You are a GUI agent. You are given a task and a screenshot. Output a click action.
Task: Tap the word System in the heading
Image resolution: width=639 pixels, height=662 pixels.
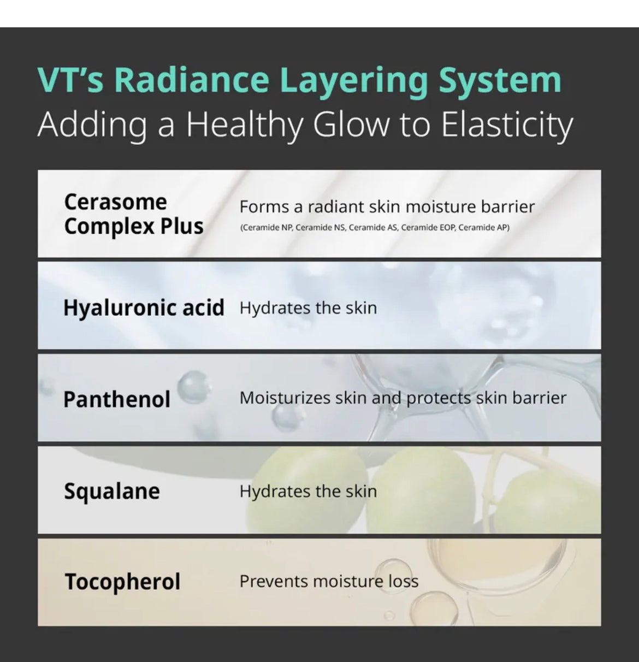coord(500,81)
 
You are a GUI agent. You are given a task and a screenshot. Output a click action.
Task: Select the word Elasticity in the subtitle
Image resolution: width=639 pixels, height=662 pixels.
coord(507,126)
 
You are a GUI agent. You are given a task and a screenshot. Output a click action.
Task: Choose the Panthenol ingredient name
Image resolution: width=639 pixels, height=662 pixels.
coord(117,399)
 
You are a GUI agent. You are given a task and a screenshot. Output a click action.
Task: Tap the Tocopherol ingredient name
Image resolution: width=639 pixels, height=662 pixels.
coord(122,582)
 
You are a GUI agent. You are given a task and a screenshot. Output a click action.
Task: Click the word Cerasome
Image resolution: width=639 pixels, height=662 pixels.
coord(116,202)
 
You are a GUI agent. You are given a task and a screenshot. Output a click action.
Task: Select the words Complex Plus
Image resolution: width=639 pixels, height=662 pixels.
coord(134,227)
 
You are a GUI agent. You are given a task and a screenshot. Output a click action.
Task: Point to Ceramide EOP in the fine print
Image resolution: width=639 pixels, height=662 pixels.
coord(428,228)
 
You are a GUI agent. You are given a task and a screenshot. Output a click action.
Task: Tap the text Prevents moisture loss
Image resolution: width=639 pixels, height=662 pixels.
coord(329,581)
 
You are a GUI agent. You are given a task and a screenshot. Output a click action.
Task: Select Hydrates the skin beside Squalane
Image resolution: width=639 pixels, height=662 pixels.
coord(308,492)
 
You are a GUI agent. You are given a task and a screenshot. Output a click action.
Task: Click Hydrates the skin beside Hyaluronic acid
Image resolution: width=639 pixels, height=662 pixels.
coord(308,308)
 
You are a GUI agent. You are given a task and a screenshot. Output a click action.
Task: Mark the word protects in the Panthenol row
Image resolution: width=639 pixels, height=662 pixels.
coord(439,399)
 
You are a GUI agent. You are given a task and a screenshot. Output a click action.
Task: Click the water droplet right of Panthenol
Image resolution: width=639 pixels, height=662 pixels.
coord(192,387)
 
